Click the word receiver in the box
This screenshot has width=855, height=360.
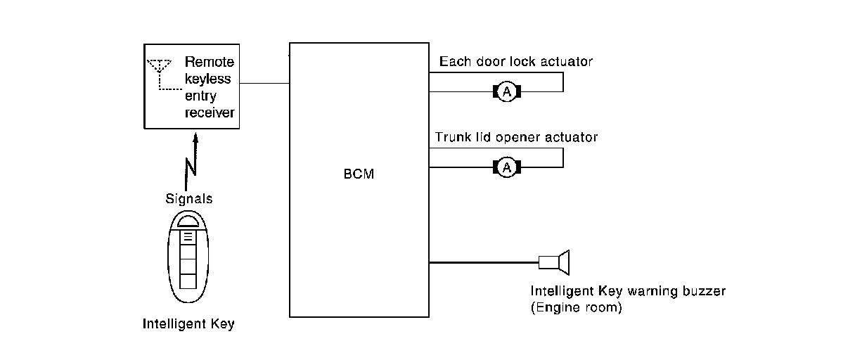pos(209,112)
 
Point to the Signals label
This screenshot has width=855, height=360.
pos(188,199)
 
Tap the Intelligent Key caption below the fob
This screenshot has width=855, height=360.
pos(188,324)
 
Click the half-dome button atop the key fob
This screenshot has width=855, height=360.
pos(188,220)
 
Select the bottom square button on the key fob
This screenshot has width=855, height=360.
pos(188,281)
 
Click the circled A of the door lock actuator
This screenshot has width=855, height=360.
pos(506,91)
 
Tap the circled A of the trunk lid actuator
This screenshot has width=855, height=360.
pos(506,167)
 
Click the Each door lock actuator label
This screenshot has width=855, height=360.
pos(516,62)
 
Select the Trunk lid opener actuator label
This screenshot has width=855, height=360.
pos(516,137)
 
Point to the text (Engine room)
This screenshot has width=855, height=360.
pos(577,307)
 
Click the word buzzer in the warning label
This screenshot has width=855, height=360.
pos(704,290)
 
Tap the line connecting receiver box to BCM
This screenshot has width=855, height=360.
pos(264,83)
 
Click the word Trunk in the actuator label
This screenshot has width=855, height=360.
pos(451,137)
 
